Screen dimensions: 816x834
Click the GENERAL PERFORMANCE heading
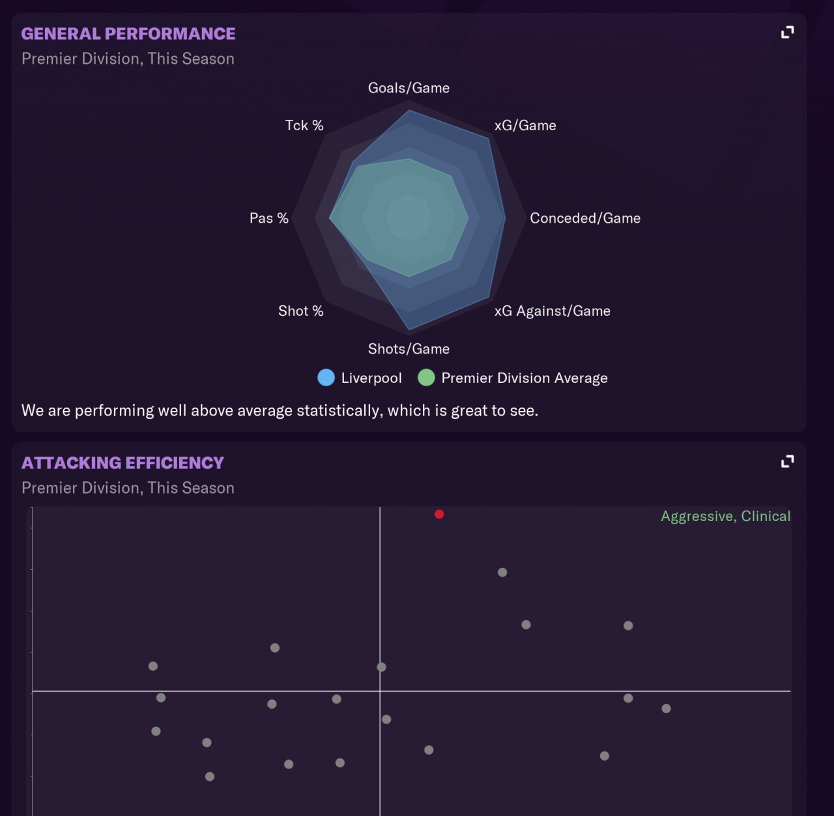point(128,34)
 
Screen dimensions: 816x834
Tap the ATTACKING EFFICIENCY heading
point(122,463)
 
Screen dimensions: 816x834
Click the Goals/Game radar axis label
point(409,88)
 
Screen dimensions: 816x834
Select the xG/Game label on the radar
point(525,126)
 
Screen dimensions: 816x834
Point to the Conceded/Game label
point(585,218)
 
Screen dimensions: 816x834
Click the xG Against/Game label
point(552,311)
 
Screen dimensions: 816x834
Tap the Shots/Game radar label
point(409,349)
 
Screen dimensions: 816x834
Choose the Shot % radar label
point(300,311)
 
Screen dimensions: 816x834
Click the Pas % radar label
point(268,218)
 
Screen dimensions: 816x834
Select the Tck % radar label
point(304,126)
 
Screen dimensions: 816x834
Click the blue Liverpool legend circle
point(326,378)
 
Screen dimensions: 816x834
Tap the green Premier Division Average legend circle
point(426,378)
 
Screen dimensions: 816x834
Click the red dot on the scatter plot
point(439,514)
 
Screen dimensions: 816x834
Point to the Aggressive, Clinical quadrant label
point(725,516)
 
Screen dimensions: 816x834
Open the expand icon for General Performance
point(788,33)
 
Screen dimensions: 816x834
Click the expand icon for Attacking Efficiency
point(788,462)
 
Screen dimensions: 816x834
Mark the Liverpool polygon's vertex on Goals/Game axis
point(409,111)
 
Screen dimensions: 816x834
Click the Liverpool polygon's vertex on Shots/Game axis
point(409,330)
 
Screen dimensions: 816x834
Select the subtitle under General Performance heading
point(128,59)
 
